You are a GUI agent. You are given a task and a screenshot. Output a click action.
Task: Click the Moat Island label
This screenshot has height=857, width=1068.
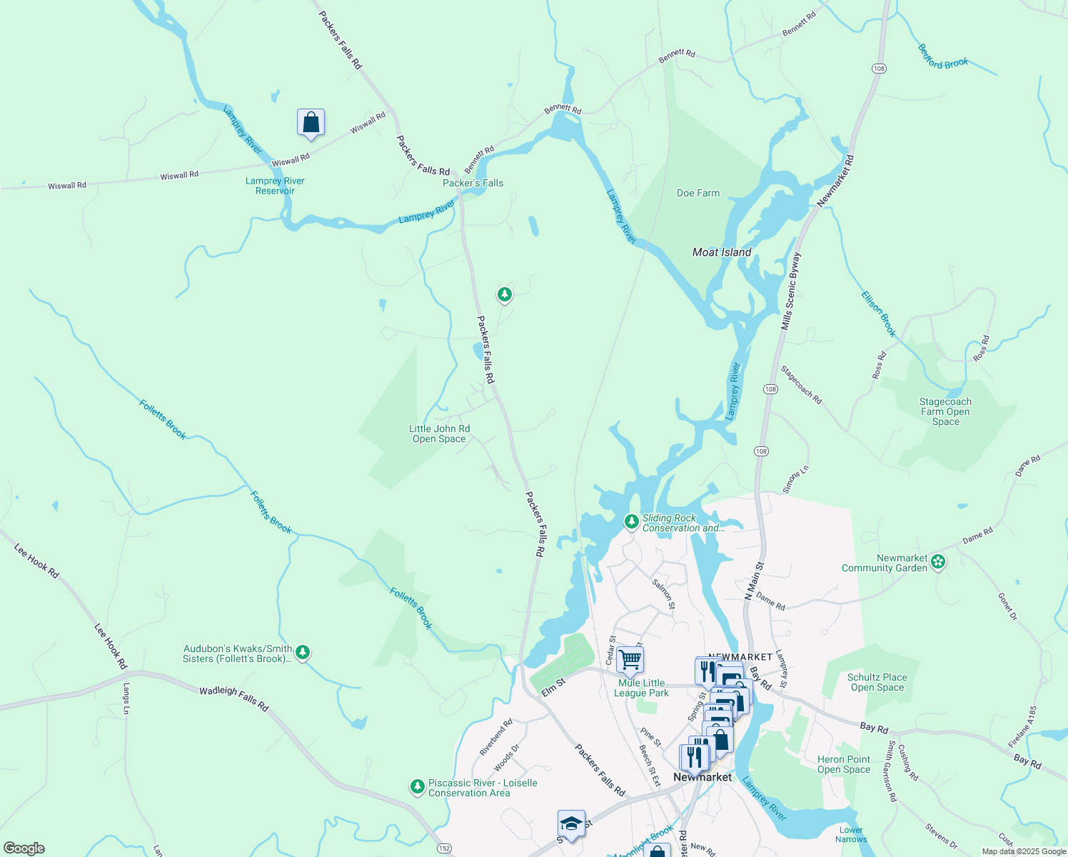722,252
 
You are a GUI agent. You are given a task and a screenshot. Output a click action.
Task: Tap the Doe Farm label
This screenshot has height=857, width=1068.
697,193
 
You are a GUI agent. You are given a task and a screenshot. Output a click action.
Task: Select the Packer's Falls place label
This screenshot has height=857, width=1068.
473,183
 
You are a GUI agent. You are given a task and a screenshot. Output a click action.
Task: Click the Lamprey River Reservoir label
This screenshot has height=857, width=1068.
275,186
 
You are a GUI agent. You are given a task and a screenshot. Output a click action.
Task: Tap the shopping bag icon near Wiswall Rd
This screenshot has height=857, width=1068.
311,122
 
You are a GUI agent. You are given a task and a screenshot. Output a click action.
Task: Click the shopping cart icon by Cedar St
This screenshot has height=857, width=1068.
630,659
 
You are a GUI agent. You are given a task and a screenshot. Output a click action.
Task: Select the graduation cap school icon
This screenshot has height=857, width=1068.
571,823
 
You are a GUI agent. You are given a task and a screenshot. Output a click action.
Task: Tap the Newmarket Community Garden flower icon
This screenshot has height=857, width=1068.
938,563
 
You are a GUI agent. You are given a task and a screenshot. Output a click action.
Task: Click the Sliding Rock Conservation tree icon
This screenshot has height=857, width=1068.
631,522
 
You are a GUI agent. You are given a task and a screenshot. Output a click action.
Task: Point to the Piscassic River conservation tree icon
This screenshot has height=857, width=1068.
418,787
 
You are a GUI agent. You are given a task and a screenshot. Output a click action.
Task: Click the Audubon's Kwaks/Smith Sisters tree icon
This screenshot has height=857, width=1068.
303,652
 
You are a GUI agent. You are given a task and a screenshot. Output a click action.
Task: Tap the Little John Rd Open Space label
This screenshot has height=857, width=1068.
439,433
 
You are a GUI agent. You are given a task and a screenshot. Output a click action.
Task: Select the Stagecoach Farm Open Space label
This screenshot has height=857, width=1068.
945,411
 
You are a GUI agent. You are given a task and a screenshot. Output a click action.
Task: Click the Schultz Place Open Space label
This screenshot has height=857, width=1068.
877,682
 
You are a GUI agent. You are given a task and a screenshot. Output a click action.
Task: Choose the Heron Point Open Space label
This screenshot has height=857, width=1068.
843,764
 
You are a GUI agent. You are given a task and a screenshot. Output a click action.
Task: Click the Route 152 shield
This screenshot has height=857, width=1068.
445,848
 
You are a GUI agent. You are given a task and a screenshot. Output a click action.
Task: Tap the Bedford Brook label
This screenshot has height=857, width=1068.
942,57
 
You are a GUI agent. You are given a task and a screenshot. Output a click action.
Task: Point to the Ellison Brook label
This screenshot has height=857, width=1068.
878,314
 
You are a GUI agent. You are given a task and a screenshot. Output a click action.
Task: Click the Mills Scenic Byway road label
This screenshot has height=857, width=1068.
790,291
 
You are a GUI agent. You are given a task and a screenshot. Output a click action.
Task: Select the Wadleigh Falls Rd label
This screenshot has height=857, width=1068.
233,698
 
